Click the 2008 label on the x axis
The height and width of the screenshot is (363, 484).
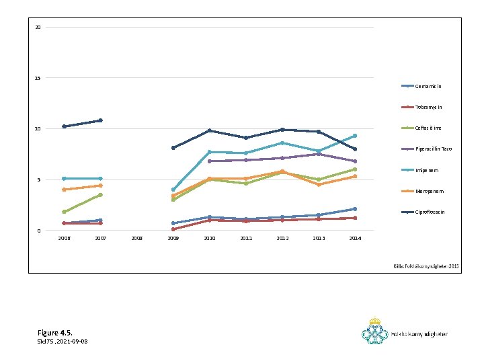tap(137, 238)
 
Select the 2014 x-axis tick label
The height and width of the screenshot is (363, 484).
tap(355, 238)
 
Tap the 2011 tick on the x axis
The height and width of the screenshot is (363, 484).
tap(246, 238)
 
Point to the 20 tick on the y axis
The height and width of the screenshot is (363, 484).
tap(38, 28)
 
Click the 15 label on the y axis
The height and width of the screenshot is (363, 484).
tap(38, 78)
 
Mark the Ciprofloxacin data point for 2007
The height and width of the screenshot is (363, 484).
tap(100, 120)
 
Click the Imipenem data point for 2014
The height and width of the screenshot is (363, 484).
tap(355, 136)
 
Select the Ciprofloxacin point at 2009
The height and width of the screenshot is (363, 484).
tap(173, 148)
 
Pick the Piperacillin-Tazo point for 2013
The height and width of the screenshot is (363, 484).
tap(319, 154)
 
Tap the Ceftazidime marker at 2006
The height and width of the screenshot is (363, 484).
tap(64, 212)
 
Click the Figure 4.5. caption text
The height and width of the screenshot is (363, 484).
tap(55, 333)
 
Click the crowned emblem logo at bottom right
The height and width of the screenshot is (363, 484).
tap(375, 332)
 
